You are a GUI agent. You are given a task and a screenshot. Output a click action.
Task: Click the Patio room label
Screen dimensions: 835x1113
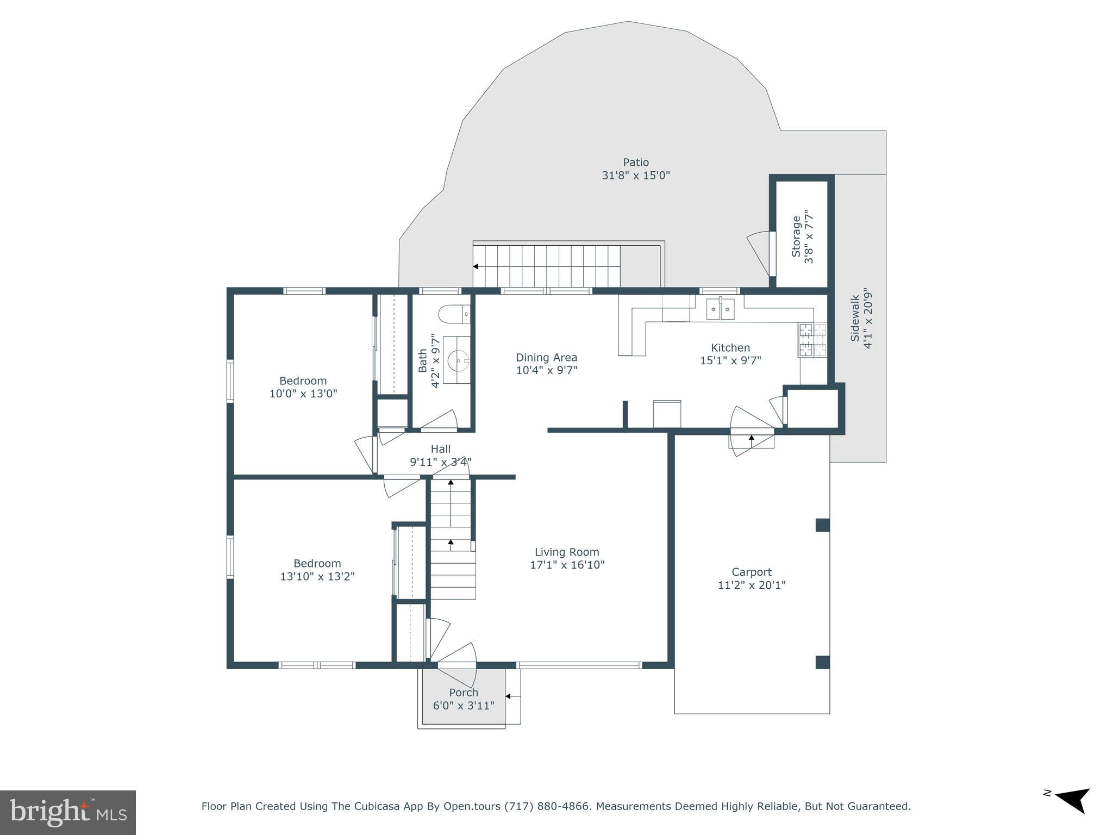coord(636,163)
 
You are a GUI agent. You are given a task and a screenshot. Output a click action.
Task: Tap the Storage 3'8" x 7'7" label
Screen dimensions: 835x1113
coord(803,237)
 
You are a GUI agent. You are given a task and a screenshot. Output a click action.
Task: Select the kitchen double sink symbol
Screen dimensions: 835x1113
coord(720,309)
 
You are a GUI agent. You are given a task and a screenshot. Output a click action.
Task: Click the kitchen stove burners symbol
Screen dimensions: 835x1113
coord(812,340)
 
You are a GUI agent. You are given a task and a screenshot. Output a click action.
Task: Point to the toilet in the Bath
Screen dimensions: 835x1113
coord(453,314)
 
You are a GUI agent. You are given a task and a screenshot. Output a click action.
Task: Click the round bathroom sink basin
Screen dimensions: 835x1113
coord(458,360)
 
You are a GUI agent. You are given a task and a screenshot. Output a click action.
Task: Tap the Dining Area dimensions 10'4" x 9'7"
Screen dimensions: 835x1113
coord(546,371)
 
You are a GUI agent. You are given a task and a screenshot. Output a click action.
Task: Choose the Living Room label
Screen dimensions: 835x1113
coord(567,552)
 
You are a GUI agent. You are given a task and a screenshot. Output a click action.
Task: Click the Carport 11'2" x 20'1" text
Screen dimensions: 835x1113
coord(752,578)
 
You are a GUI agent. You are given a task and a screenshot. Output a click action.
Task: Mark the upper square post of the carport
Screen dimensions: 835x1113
coord(822,525)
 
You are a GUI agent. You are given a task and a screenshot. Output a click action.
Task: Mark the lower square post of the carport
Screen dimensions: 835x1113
coord(822,662)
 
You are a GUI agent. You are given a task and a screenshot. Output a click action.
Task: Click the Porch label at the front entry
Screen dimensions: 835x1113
coord(464,693)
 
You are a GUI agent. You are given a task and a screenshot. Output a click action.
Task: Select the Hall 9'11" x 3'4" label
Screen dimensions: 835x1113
coord(440,456)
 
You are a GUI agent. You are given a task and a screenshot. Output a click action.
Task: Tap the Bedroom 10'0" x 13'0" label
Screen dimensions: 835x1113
coord(303,387)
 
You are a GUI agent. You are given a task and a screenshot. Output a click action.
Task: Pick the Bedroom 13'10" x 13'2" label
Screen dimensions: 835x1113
coord(317,570)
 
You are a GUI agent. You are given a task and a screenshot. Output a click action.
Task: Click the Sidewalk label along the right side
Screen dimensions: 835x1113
coord(861,318)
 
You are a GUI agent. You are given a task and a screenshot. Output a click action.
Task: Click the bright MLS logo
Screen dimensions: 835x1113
coord(68,812)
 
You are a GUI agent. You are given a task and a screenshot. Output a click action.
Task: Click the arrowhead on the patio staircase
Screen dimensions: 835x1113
coord(476,266)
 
